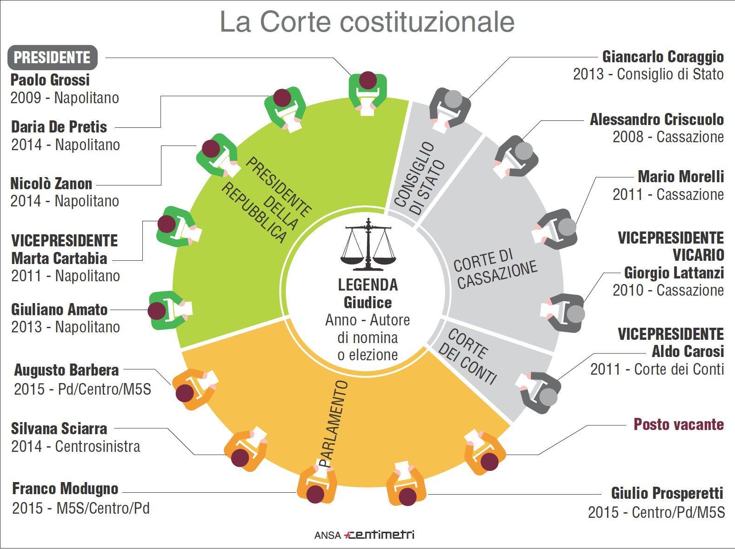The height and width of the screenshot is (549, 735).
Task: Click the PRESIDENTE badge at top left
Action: click(52, 58)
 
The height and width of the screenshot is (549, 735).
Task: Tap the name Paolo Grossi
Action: click(50, 80)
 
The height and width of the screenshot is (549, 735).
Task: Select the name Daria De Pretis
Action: click(59, 127)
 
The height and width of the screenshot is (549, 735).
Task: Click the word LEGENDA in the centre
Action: click(367, 284)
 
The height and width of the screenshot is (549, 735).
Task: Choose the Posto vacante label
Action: click(679, 424)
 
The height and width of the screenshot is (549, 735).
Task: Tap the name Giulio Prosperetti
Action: click(667, 493)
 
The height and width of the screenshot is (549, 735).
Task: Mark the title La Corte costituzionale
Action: click(367, 22)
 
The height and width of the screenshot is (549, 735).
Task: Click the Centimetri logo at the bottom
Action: click(379, 535)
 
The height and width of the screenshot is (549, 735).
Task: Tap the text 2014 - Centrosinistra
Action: click(76, 447)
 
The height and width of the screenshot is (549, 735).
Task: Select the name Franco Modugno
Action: click(65, 489)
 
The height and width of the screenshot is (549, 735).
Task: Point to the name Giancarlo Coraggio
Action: click(663, 57)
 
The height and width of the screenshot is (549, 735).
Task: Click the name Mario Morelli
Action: click(681, 177)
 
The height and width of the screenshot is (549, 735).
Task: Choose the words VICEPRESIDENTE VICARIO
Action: click(671, 246)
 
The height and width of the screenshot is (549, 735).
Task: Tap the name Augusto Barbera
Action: click(67, 370)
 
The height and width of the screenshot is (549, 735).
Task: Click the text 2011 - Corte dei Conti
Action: click(657, 370)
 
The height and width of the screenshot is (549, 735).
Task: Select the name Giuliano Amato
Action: click(60, 310)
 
